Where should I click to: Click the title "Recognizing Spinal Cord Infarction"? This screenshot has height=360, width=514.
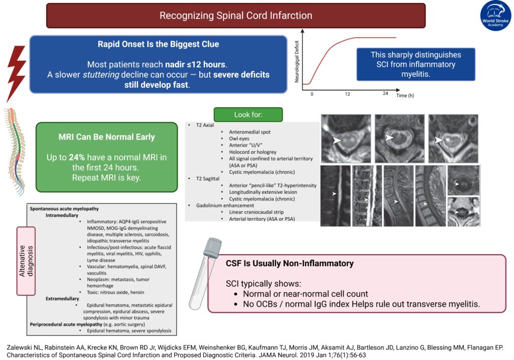235,16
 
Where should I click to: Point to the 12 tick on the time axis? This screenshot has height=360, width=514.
347,94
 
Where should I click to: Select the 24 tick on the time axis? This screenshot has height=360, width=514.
385,94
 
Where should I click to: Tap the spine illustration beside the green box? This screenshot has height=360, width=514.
14,151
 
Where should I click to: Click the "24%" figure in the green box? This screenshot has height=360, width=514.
77,157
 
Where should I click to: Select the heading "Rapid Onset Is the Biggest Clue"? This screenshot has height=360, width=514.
158,44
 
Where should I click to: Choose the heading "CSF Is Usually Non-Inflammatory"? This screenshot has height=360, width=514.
290,263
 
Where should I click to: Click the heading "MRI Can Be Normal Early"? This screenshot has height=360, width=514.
107,137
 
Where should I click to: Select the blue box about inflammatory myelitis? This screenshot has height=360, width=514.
416,64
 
